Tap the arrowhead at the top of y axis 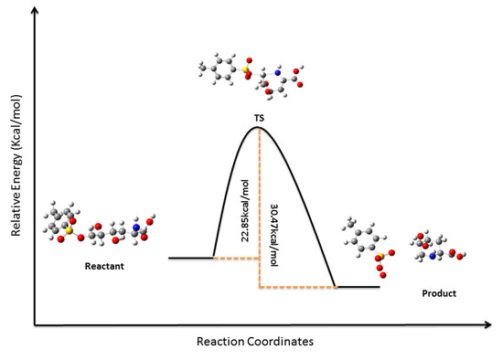[35, 12]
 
